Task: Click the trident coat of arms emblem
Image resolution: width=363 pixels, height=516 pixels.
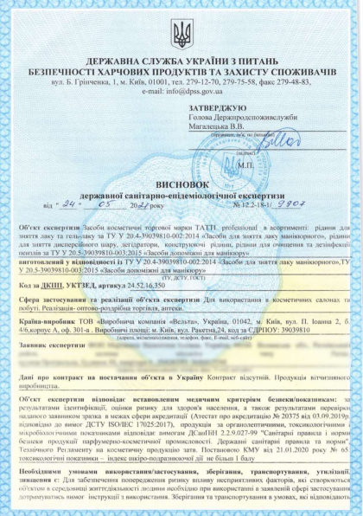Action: tap(181, 35)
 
